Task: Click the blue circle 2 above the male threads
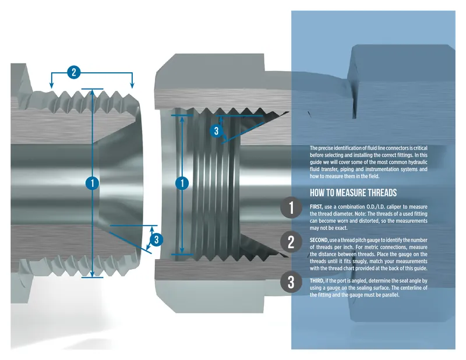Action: tap(74, 72)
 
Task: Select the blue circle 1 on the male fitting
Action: tap(92, 183)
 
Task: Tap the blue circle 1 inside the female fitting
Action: tap(182, 183)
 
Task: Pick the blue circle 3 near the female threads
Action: tap(216, 131)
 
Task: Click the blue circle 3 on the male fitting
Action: tap(157, 239)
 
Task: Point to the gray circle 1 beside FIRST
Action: tap(291, 207)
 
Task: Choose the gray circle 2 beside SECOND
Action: tap(291, 242)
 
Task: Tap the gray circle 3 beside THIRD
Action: tap(291, 282)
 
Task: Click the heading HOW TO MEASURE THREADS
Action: tap(353, 193)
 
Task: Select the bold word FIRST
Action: tap(316, 207)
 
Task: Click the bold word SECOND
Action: tap(319, 240)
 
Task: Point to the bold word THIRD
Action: tap(317, 281)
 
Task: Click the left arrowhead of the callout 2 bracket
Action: tap(51, 86)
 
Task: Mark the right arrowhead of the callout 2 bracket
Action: tap(132, 86)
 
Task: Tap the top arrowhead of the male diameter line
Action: tap(92, 92)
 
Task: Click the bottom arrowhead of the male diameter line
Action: tap(92, 274)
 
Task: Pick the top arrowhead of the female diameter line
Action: tap(182, 118)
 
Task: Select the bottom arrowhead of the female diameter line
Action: tap(182, 251)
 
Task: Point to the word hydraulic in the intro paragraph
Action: tap(417, 162)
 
